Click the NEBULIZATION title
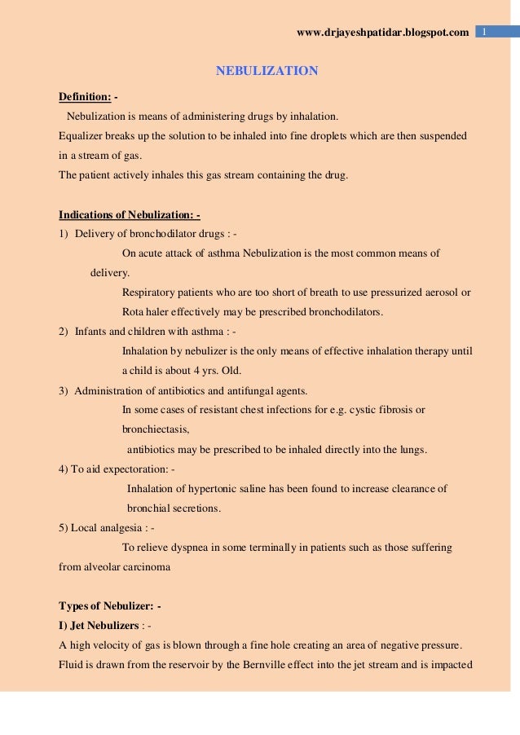click(x=267, y=71)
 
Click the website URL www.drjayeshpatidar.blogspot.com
click(x=383, y=33)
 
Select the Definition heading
click(x=85, y=97)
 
